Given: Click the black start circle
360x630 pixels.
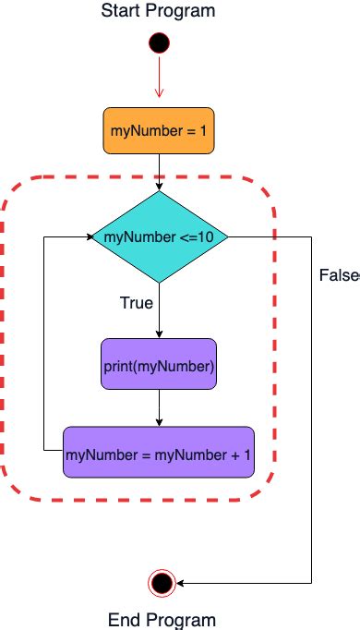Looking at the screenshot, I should tap(159, 42).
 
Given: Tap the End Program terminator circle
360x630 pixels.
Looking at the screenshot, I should tap(162, 582).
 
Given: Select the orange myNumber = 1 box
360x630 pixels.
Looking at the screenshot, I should tap(159, 130).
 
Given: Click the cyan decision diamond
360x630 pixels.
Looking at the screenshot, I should tap(160, 236).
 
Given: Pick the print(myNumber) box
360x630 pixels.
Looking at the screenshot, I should tap(159, 368).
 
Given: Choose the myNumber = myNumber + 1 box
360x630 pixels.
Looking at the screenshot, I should tap(158, 453).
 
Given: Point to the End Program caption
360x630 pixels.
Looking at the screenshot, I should tap(162, 619).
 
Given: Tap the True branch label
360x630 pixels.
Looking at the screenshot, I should tap(136, 302).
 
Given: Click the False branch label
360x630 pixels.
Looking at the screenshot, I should tap(338, 275).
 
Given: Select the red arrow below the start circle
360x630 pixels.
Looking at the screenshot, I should tap(159, 80).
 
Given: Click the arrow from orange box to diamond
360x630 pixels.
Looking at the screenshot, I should tap(159, 172).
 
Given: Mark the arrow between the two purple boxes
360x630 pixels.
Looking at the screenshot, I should tap(159, 408).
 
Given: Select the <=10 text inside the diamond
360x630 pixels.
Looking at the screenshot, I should tap(198, 237).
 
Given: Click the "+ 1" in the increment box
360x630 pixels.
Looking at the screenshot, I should tap(240, 453).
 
